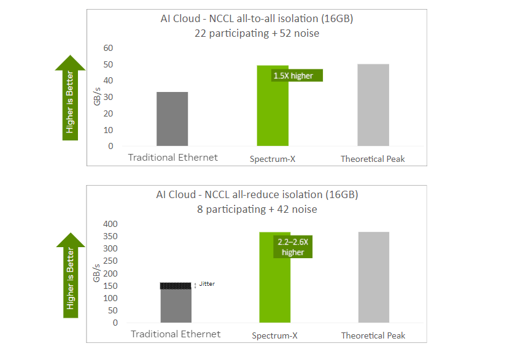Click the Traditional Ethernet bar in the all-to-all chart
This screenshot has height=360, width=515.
point(172,119)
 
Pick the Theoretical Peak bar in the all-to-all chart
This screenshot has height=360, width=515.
point(373,105)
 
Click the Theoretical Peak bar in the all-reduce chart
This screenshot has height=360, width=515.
point(373,277)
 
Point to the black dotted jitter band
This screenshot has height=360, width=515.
point(176,285)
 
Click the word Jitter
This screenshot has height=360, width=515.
point(207,284)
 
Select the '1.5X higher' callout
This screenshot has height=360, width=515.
point(297,75)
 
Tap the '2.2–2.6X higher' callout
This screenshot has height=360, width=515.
point(292,247)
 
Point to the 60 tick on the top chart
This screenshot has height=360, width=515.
point(108,48)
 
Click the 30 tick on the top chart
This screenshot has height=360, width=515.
point(108,97)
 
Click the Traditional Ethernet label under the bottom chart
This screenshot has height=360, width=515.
point(176,334)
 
